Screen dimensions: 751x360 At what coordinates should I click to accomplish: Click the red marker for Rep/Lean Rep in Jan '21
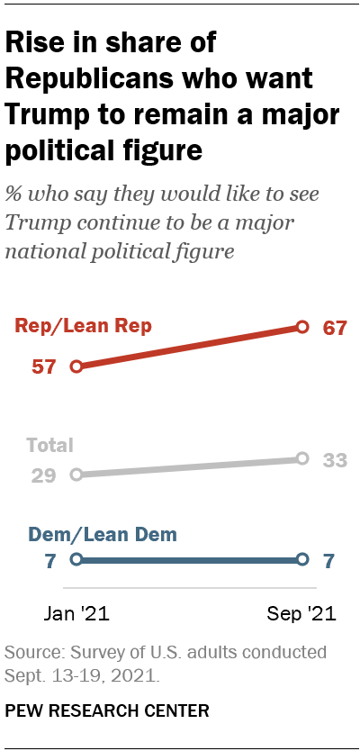pyautogui.click(x=76, y=366)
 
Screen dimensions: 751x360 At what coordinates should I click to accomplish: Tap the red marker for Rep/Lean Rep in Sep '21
pyautogui.click(x=302, y=327)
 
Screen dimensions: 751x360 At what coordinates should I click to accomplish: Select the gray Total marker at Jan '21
pyautogui.click(x=76, y=474)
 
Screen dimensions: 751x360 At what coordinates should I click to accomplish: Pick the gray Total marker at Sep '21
pyautogui.click(x=302, y=458)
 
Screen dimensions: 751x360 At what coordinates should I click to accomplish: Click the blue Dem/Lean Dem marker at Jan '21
pyautogui.click(x=76, y=559)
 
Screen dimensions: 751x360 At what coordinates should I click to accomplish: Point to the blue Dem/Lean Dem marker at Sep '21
pyautogui.click(x=302, y=559)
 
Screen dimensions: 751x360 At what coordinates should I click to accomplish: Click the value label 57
pyautogui.click(x=44, y=366)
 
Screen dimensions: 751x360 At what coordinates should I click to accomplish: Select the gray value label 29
pyautogui.click(x=44, y=474)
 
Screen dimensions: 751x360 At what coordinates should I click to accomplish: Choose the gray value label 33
pyautogui.click(x=335, y=459)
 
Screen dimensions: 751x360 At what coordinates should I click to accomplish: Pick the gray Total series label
pyautogui.click(x=49, y=445)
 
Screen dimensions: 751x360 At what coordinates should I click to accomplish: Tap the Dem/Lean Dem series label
pyautogui.click(x=103, y=534)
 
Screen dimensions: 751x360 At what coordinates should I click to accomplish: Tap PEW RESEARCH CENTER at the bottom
pyautogui.click(x=107, y=710)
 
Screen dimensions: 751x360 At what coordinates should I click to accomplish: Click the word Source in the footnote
pyautogui.click(x=31, y=650)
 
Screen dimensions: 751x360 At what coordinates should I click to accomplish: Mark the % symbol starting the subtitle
pyautogui.click(x=14, y=195)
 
